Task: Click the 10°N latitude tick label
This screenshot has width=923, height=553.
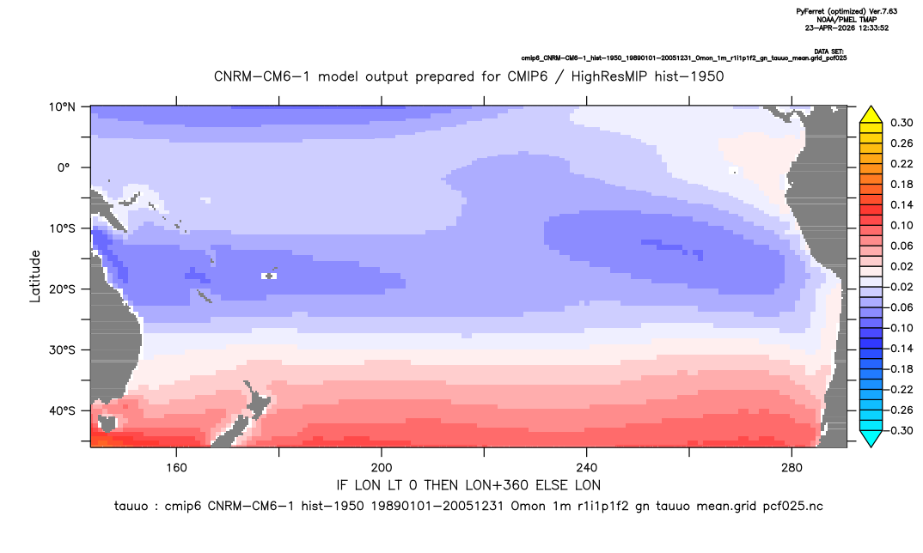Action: tap(62, 107)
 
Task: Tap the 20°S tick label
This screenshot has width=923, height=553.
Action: tap(62, 289)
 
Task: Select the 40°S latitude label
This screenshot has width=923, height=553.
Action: tap(62, 410)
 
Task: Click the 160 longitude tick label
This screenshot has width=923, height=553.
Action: tap(176, 468)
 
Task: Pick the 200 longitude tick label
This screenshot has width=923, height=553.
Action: tap(382, 468)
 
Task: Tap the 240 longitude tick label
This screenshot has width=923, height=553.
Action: tap(586, 468)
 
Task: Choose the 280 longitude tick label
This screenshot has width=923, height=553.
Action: tap(792, 468)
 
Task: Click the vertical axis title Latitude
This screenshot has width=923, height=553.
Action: tap(35, 276)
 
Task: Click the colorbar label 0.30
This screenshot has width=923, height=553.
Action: tap(902, 123)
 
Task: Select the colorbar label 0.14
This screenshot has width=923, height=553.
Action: tap(902, 204)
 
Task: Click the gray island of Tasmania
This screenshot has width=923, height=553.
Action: tap(107, 423)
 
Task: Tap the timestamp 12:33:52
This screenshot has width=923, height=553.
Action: tap(871, 27)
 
